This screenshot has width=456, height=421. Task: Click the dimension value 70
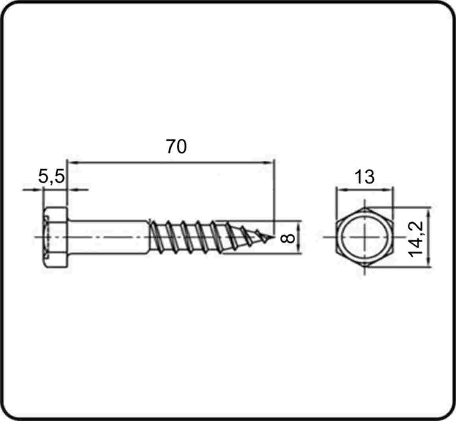tap(176, 147)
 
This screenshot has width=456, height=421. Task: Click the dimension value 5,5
tap(52, 176)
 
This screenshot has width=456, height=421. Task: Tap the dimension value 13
tap(365, 177)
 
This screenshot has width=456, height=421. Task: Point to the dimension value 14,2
tap(415, 239)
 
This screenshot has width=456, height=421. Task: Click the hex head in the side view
tap(56, 237)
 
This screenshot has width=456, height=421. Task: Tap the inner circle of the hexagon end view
tap(365, 237)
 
